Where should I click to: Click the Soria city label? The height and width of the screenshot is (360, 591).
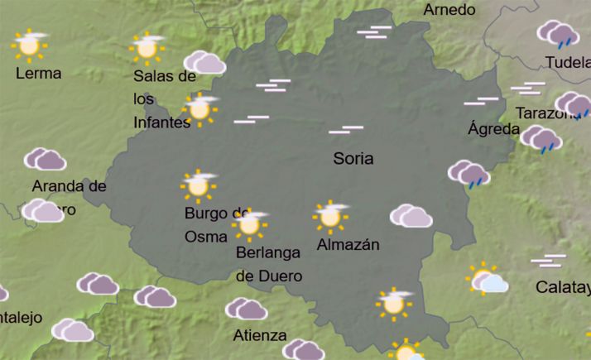[353, 158]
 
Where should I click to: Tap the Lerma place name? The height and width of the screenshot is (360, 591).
[39, 73]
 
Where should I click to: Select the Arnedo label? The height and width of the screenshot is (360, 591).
[449, 10]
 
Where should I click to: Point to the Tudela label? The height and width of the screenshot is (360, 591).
[568, 63]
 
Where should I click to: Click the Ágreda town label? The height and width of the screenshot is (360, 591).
[494, 129]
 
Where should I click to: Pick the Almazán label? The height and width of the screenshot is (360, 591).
[348, 244]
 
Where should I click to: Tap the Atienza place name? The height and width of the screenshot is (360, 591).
[260, 336]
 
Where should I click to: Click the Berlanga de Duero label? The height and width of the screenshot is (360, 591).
[268, 264]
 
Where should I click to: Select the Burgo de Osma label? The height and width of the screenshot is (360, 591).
[216, 224]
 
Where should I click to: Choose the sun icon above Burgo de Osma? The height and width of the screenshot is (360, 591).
[198, 185]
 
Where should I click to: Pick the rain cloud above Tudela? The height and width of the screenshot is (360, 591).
[557, 35]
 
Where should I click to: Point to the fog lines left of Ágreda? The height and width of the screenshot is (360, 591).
[482, 102]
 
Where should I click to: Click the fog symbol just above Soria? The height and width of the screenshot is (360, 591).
[346, 130]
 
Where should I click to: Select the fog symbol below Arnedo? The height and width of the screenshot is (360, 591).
[374, 31]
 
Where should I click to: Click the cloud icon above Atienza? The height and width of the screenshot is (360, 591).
[246, 309]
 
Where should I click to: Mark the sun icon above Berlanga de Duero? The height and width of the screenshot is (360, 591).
[250, 223]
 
